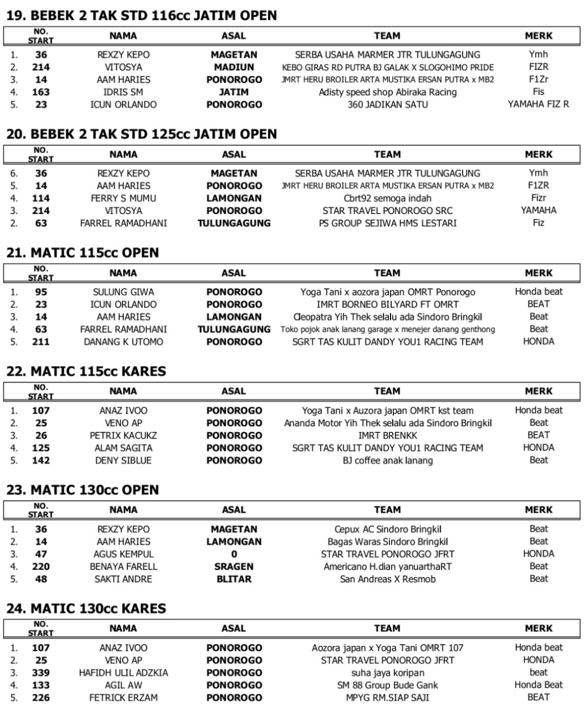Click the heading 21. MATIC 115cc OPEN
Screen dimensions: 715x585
[82, 253]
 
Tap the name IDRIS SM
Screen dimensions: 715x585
[123, 92]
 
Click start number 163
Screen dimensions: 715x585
[41, 92]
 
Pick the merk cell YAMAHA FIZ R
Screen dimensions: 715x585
[538, 104]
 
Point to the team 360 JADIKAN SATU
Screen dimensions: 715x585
[387, 104]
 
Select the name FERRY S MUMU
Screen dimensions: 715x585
[123, 198]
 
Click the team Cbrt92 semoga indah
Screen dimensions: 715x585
[387, 198]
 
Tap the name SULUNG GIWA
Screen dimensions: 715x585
[123, 292]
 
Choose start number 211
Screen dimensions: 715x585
[41, 342]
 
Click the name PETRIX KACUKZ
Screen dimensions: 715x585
[123, 436]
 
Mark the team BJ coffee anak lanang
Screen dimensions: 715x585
[387, 461]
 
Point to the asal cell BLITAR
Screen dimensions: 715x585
[234, 579]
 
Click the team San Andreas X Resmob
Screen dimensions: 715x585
[387, 579]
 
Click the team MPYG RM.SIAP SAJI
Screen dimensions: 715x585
[387, 698]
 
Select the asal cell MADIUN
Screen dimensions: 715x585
[234, 67]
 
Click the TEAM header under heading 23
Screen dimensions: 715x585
[387, 510]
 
